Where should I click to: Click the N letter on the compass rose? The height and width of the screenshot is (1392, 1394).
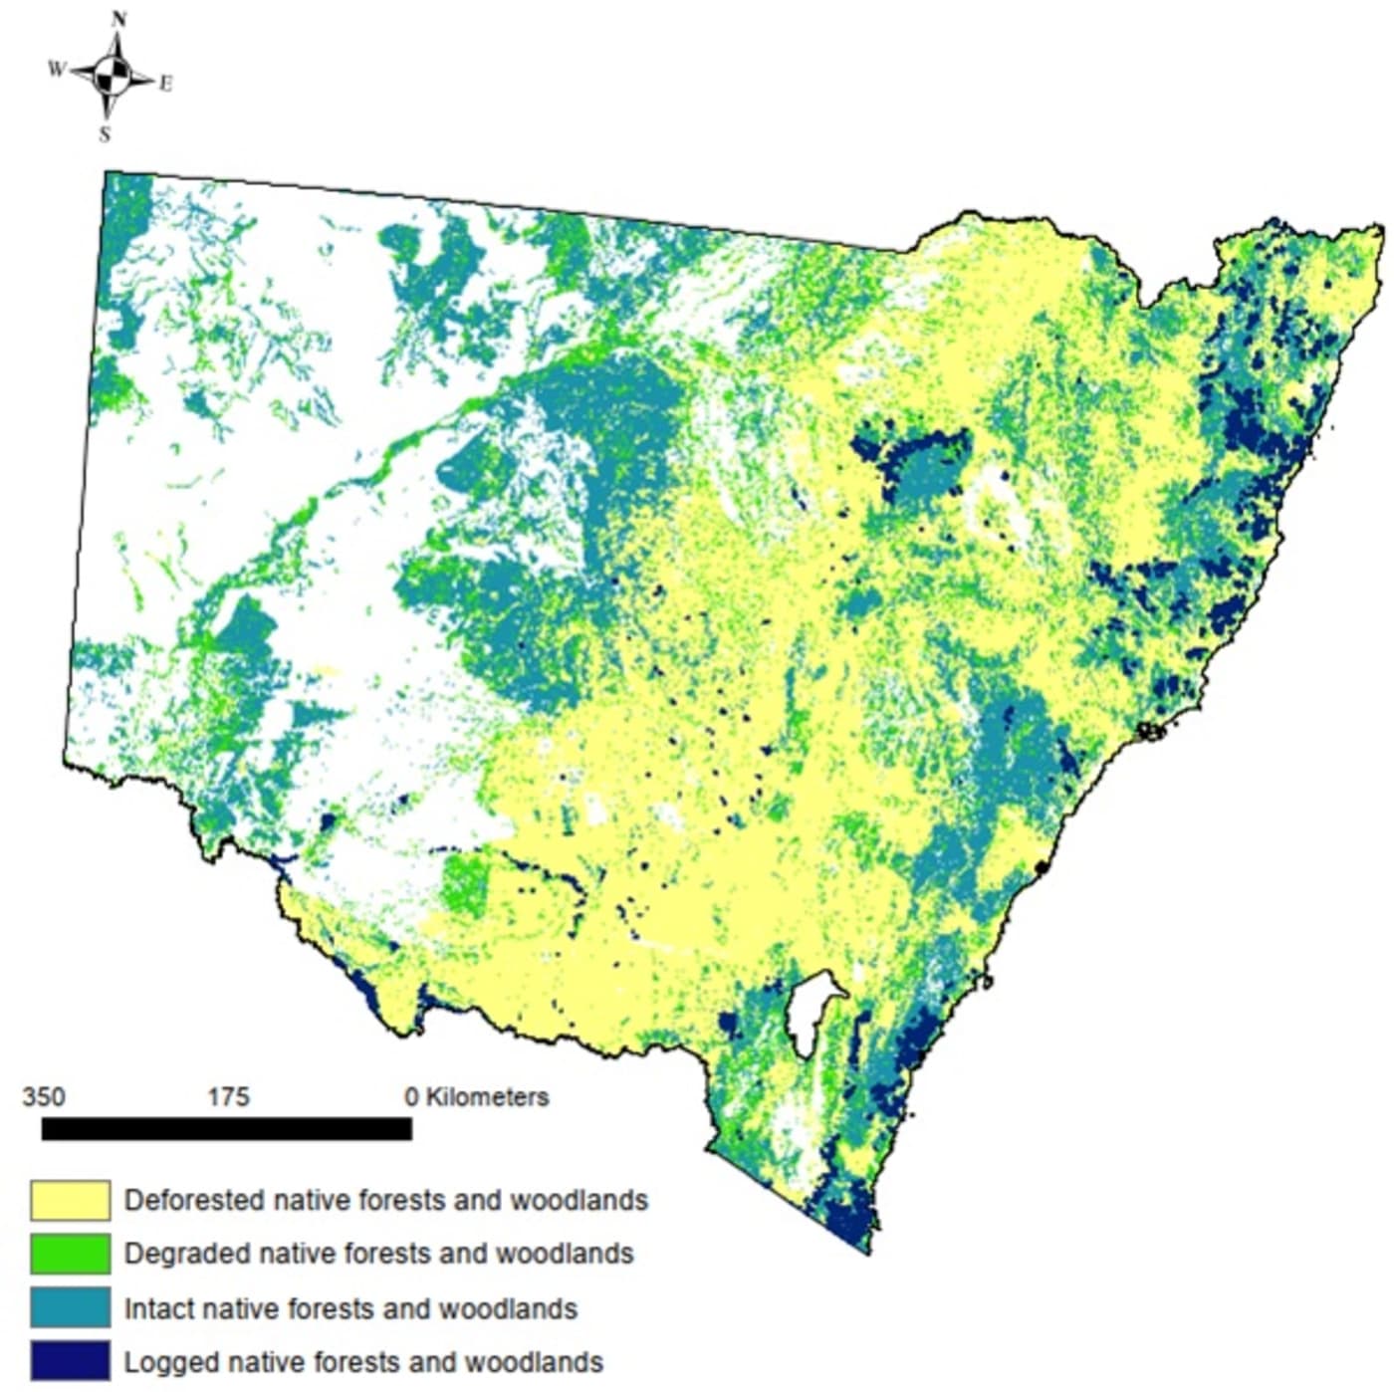coord(119,19)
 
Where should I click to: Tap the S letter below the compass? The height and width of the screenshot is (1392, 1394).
coord(105,134)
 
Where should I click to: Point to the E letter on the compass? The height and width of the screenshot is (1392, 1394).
coord(165,85)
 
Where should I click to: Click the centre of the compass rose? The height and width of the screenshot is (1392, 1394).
coord(114,75)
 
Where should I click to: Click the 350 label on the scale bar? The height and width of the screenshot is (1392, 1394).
coord(44,1097)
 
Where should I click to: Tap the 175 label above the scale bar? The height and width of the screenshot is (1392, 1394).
coord(228,1097)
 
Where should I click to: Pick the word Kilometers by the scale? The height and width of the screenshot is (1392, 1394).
coord(487,1097)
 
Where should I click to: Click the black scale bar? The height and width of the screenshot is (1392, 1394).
coord(226,1128)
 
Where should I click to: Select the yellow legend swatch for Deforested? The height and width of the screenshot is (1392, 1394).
coord(70,1201)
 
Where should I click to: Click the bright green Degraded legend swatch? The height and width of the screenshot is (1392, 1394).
coord(70,1254)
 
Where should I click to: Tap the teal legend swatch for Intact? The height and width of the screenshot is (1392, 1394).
coord(70,1307)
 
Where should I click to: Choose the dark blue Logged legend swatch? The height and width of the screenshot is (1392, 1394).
coord(70,1361)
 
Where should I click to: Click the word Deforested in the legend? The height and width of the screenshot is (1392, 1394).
coord(193,1201)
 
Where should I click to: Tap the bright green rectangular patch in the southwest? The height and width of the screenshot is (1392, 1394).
coord(464,884)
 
